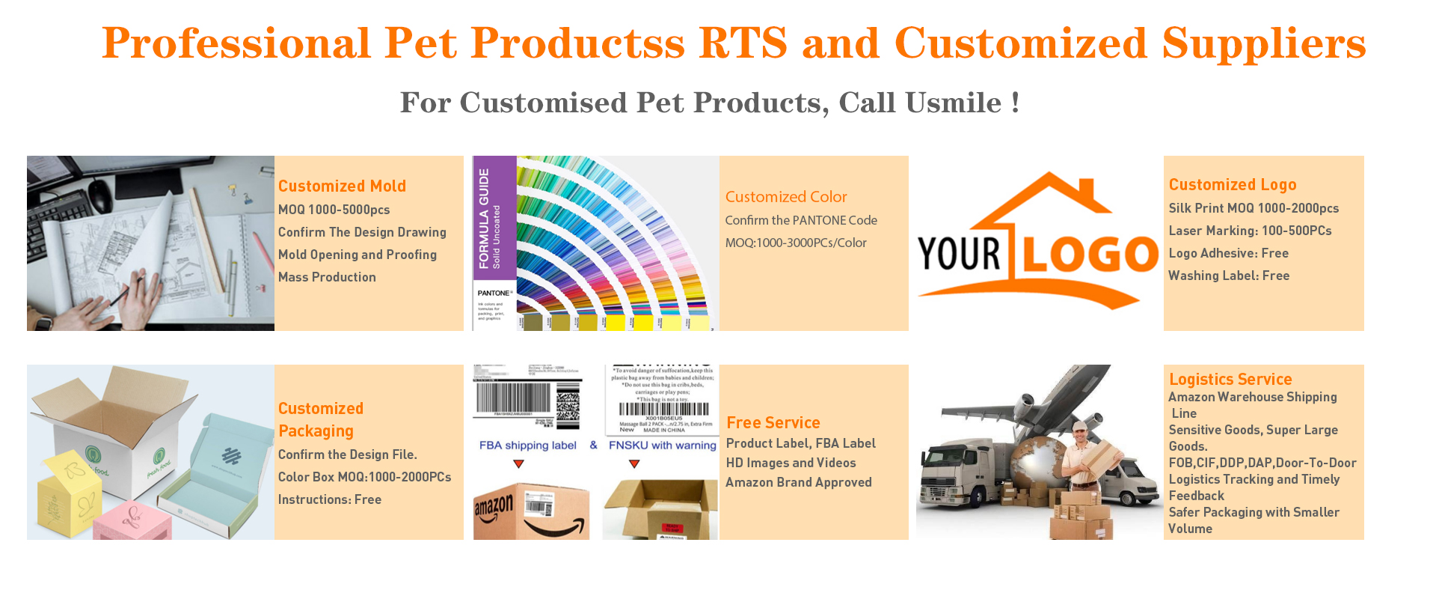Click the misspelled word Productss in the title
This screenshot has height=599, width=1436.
577,43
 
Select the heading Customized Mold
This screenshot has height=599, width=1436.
342,186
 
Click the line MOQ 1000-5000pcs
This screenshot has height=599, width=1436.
334,210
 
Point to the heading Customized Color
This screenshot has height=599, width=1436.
785,197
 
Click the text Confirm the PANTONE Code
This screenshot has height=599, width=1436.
800,220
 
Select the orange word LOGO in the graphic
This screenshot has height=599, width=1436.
1090,255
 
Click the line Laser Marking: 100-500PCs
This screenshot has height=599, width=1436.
1250,231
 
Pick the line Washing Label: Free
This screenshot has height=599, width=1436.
1229,276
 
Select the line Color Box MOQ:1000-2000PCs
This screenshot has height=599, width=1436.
364,477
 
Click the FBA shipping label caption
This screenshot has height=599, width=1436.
527,446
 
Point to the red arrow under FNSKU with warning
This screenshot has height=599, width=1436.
634,464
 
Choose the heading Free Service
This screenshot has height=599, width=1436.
773,422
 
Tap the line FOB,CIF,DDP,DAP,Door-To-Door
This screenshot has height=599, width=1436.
1262,463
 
